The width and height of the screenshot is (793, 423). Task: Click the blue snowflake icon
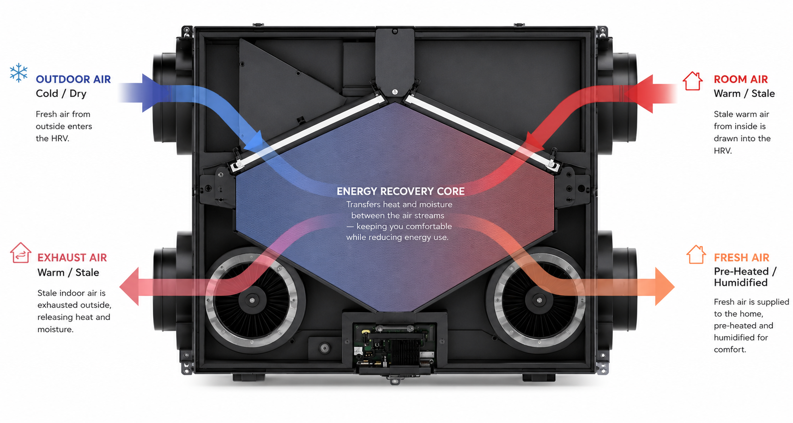point(18,73)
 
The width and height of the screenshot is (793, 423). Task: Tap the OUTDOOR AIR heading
point(73,79)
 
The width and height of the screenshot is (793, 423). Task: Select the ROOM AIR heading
point(741,79)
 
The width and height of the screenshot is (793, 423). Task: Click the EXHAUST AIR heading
point(72,258)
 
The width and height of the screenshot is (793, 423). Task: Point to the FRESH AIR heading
point(742,258)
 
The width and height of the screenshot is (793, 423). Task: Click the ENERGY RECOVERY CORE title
point(401,191)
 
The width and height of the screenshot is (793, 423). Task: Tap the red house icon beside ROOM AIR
point(693,81)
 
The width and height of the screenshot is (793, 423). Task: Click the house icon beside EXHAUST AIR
point(21,253)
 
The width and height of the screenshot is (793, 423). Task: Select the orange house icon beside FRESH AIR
point(696,254)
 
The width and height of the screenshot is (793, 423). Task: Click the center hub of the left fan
point(252,300)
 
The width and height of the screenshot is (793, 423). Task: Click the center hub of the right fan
point(539,300)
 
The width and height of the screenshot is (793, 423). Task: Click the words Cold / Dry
point(61,94)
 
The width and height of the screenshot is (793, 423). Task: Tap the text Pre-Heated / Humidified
point(745,277)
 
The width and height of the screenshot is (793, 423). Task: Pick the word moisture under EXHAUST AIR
point(55,329)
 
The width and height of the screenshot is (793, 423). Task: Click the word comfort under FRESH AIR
point(730,350)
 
